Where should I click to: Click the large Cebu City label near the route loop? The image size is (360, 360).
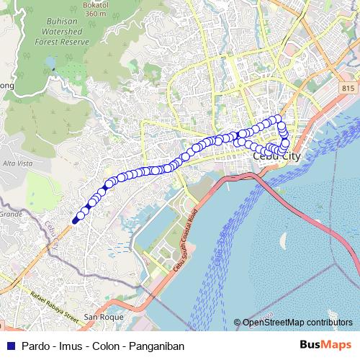pyautogui.click(x=276, y=156)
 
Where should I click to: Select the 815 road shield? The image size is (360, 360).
pyautogui.click(x=348, y=87)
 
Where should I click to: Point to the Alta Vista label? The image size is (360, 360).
pyautogui.click(x=15, y=164)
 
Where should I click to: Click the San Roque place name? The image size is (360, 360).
pyautogui.click(x=104, y=317)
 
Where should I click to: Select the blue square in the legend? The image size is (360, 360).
pyautogui.click(x=9, y=346)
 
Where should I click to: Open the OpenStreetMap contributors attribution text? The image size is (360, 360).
pyautogui.click(x=297, y=323)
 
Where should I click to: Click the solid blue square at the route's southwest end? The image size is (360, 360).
pyautogui.click(x=75, y=220)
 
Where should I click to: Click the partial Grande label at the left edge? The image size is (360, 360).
pyautogui.click(x=10, y=214)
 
